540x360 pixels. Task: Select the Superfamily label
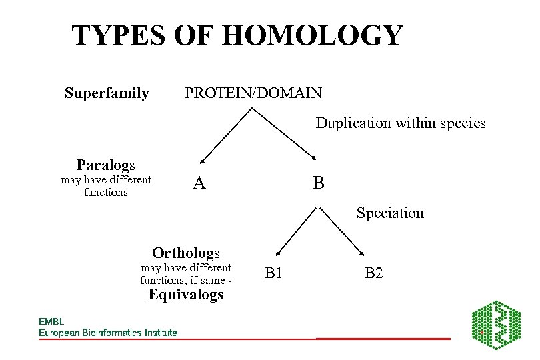pyautogui.click(x=107, y=93)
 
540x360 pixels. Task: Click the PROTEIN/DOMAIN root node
pyautogui.click(x=253, y=93)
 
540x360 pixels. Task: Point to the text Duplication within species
pyautogui.click(x=401, y=123)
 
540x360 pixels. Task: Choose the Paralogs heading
pyautogui.click(x=106, y=165)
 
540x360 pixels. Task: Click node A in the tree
pyautogui.click(x=199, y=183)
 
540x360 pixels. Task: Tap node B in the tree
pyautogui.click(x=319, y=183)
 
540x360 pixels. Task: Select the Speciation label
pyautogui.click(x=390, y=213)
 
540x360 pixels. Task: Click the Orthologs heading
pyautogui.click(x=186, y=253)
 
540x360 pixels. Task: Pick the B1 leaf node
pyautogui.click(x=274, y=273)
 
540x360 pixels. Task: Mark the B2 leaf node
pyautogui.click(x=373, y=273)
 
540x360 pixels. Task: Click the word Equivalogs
pyautogui.click(x=186, y=295)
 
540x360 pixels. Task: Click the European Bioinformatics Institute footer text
pyautogui.click(x=108, y=332)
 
